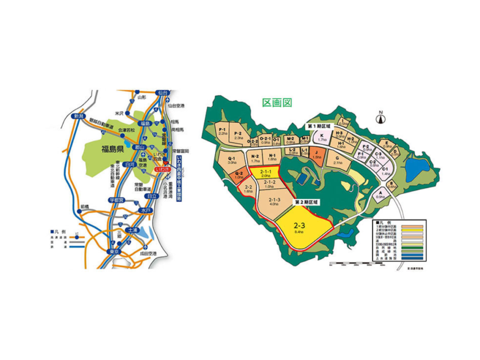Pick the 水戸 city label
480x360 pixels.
(143, 211)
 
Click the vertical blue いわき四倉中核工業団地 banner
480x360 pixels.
(180, 178)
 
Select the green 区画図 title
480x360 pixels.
(277, 102)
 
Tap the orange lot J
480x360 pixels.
(317, 155)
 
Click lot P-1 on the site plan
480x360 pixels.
(222, 132)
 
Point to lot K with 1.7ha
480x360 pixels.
(322, 138)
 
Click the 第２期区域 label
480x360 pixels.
(306, 202)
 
